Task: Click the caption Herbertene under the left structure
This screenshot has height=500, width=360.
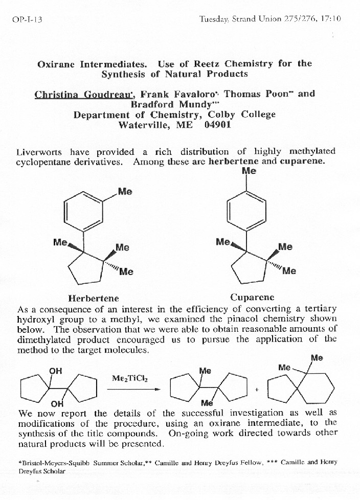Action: point(94,298)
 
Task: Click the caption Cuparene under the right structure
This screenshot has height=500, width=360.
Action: point(252,297)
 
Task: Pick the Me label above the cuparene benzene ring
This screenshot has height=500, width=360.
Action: point(249,171)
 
